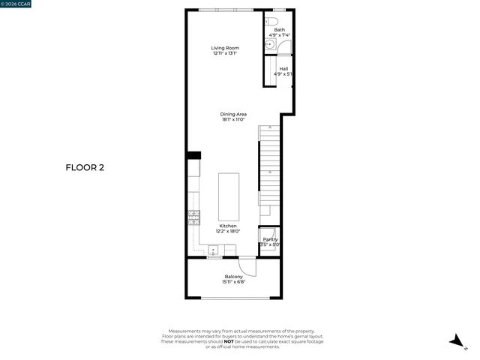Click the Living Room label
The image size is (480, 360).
(x=226, y=48)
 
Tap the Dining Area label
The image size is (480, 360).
(x=234, y=114)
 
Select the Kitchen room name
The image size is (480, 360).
(x=228, y=226)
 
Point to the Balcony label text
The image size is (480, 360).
(x=234, y=277)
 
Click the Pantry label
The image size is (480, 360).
(x=270, y=239)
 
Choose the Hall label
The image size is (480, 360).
(x=283, y=69)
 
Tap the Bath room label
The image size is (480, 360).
(x=279, y=30)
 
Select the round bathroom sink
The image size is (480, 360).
(x=268, y=45)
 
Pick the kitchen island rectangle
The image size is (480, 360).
(x=229, y=196)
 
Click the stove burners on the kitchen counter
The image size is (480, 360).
(x=194, y=217)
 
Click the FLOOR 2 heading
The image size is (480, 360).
(x=85, y=167)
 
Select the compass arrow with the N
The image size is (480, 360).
(x=455, y=342)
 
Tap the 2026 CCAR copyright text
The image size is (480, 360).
(x=16, y=4)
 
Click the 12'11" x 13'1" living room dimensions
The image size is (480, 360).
(x=226, y=53)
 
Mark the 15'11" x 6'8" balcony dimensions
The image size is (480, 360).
(x=234, y=282)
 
